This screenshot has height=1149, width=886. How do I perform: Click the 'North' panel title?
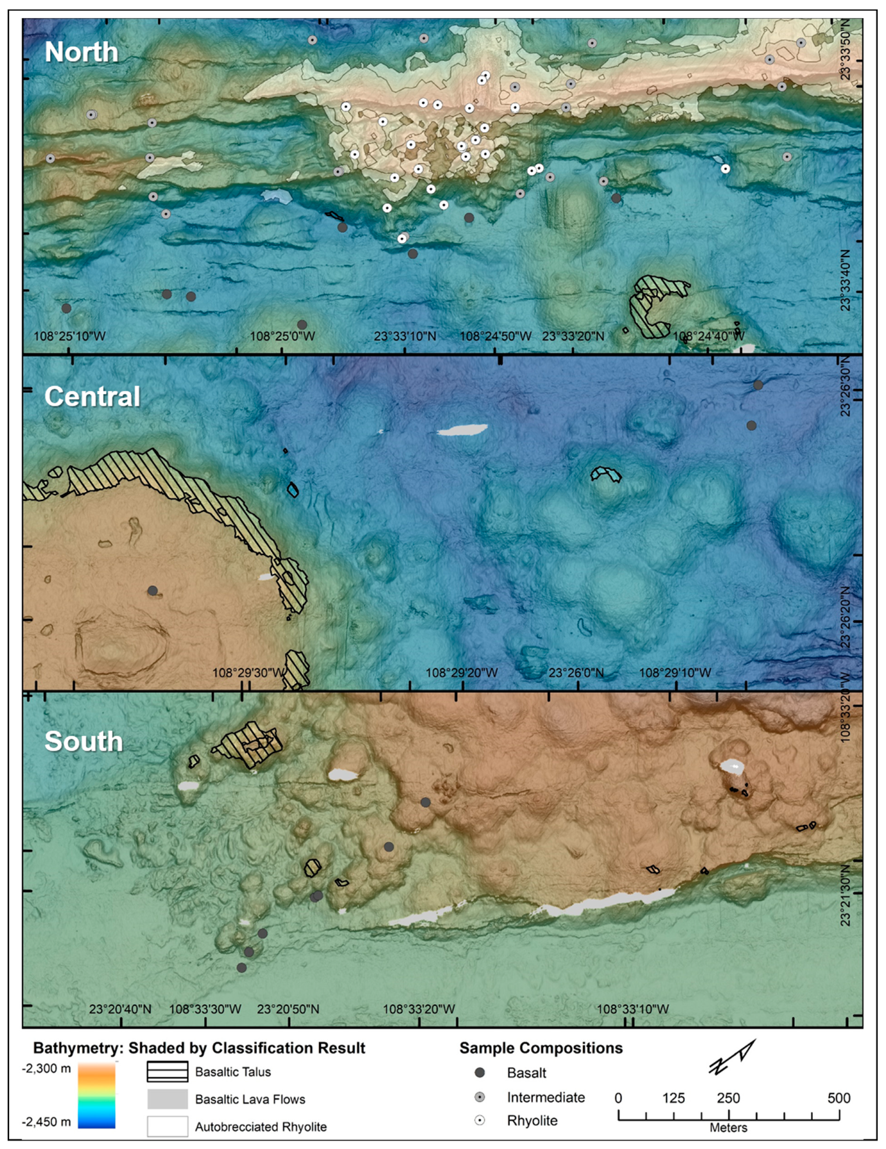pyautogui.click(x=82, y=52)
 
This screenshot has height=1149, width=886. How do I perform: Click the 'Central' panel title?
pyautogui.click(x=92, y=396)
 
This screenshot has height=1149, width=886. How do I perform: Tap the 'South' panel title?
pyautogui.click(x=83, y=741)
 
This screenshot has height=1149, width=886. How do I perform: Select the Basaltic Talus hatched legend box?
pyautogui.click(x=168, y=1071)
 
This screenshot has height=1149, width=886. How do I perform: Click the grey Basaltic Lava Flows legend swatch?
pyautogui.click(x=168, y=1099)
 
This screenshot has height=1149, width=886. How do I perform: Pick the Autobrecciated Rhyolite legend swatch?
pyautogui.click(x=168, y=1126)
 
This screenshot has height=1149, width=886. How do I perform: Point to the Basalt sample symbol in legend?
pyautogui.click(x=480, y=1072)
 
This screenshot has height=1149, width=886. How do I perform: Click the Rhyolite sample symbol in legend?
pyautogui.click(x=480, y=1120)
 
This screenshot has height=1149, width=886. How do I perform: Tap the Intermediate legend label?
pyautogui.click(x=546, y=1097)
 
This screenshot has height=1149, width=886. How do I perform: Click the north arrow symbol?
pyautogui.click(x=732, y=1057)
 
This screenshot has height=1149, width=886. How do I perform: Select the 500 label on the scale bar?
pyautogui.click(x=838, y=1098)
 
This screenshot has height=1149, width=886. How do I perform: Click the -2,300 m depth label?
pyautogui.click(x=47, y=1068)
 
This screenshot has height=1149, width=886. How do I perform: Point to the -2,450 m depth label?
pyautogui.click(x=47, y=1121)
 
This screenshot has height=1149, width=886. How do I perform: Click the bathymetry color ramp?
pyautogui.click(x=96, y=1095)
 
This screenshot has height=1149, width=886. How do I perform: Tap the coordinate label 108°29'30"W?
pyautogui.click(x=248, y=672)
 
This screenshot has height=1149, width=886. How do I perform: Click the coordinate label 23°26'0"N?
pyautogui.click(x=576, y=672)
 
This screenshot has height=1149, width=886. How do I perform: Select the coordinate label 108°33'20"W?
pyautogui.click(x=419, y=1009)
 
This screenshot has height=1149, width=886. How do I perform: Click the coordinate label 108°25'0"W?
pyautogui.click(x=282, y=336)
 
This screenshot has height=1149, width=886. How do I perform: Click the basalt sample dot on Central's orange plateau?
pyautogui.click(x=152, y=590)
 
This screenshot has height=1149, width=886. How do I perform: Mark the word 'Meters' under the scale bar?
pyautogui.click(x=728, y=1127)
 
